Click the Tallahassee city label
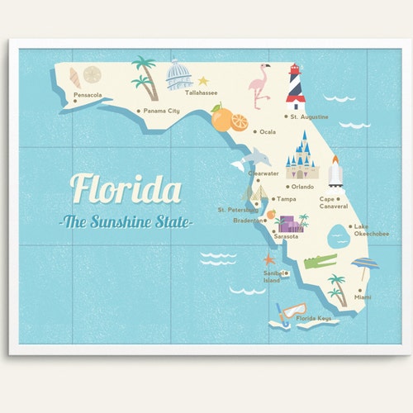point(202,93)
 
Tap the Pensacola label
point(88,95)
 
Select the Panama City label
point(162,111)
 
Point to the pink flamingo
point(261,85)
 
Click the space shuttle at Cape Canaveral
point(335,170)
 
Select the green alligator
point(320,262)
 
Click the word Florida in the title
point(126,189)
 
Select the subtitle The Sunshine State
point(126,222)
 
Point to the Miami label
point(363,297)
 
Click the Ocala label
point(268,131)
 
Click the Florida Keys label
point(314,318)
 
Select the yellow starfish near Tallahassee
point(203,81)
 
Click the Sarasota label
point(286,236)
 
